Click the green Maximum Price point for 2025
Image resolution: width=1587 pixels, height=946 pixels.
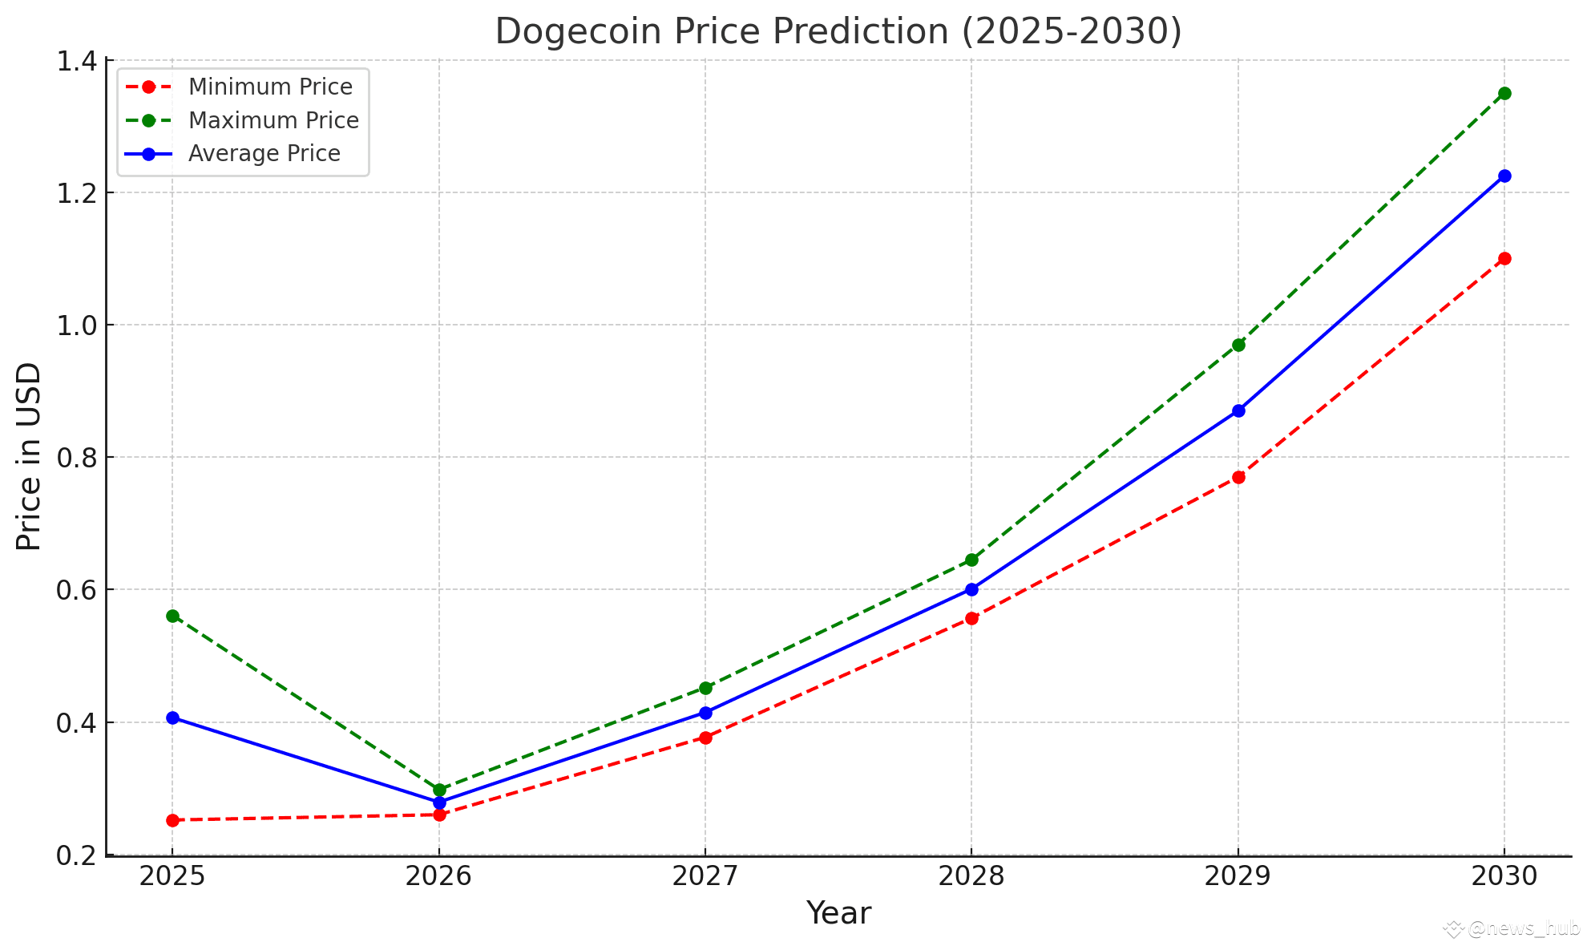172,616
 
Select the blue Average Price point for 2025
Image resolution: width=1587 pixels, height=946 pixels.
172,718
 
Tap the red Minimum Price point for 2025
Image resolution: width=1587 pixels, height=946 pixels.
172,820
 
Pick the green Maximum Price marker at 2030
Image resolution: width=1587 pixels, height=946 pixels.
1504,93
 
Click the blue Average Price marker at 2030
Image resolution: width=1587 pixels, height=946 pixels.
1504,176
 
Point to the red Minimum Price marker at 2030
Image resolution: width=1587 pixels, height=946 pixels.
1504,258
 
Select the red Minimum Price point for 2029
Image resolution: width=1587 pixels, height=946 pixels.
1238,477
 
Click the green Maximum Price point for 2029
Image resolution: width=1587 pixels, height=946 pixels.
1238,345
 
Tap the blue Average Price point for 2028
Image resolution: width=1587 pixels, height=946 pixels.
971,589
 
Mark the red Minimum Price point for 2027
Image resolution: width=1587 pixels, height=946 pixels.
705,738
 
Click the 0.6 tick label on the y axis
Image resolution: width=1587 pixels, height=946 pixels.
76,590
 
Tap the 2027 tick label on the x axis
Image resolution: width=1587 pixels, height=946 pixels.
705,876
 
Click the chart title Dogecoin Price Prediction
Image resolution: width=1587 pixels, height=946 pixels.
838,31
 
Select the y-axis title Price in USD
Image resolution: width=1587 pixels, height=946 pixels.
29,457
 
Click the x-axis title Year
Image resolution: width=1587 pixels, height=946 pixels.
838,913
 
